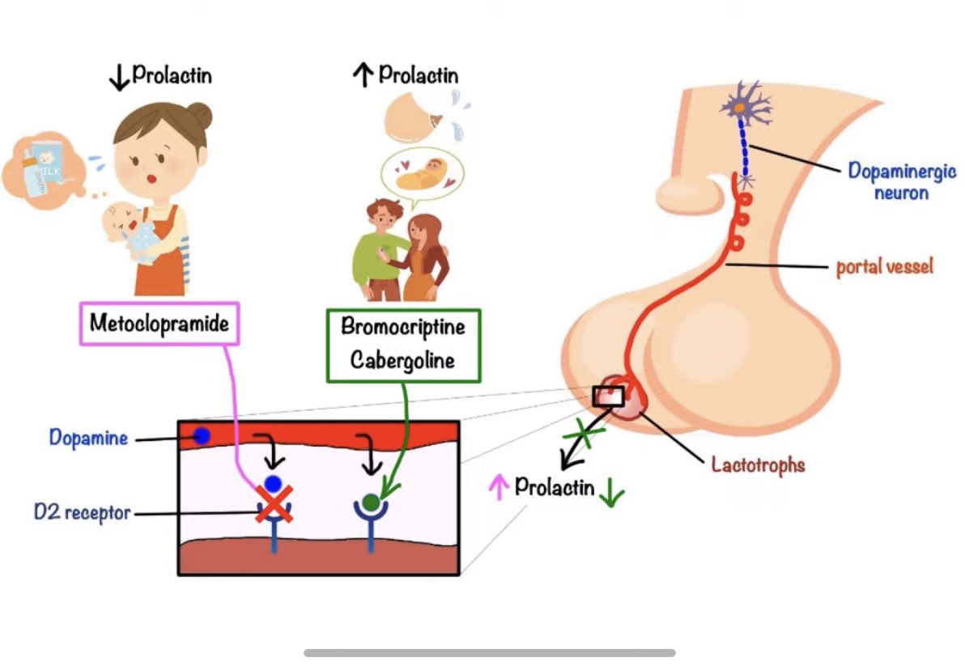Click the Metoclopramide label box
(159, 324)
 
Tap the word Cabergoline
(402, 359)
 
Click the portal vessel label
(884, 265)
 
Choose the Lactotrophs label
(758, 464)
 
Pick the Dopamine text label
(88, 438)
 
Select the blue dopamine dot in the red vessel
(202, 436)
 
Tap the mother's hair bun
(202, 117)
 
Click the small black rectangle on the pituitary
(608, 396)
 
